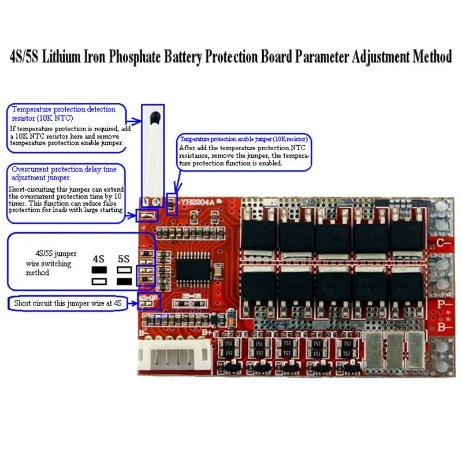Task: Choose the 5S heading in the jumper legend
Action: point(124,258)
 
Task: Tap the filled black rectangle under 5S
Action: point(124,281)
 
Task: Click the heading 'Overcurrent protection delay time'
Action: point(64,169)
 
